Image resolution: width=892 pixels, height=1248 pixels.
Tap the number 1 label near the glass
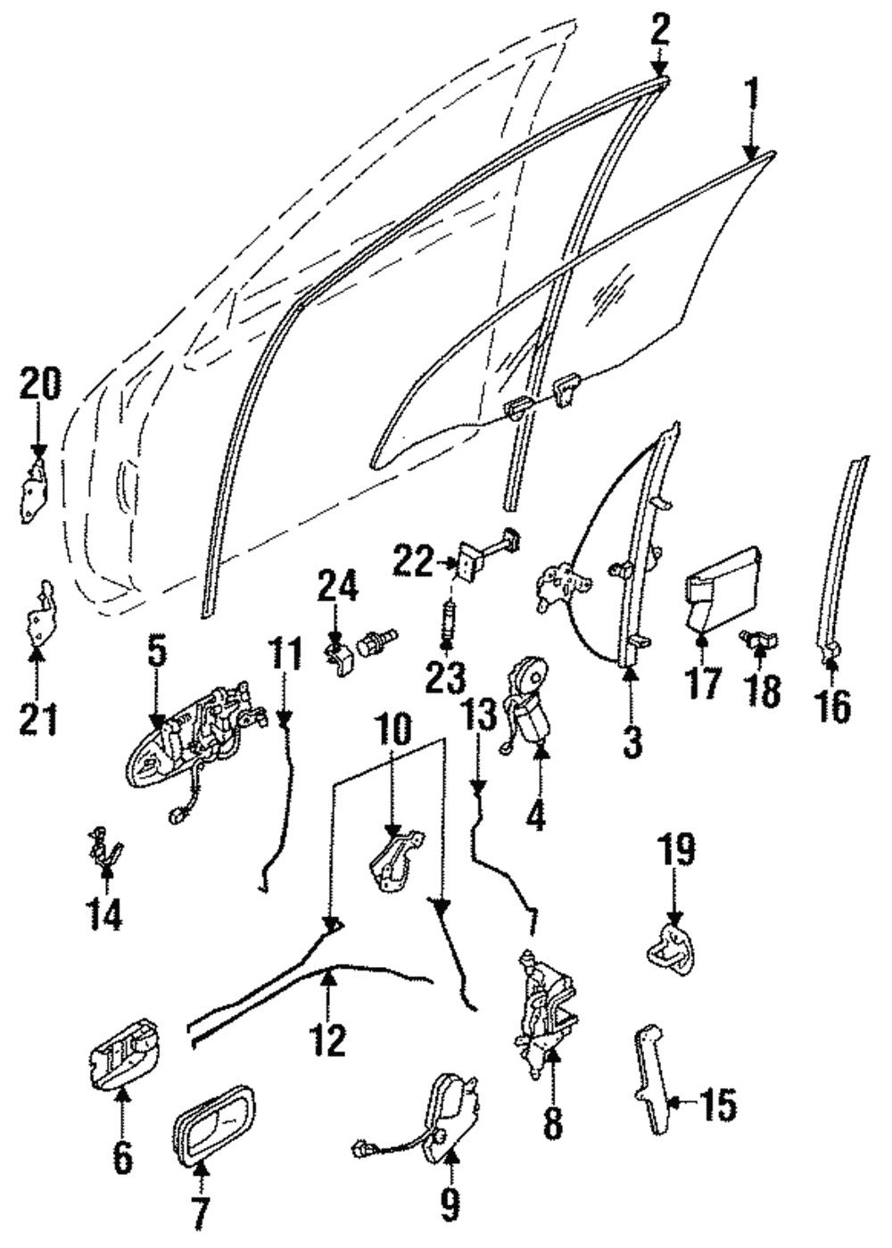pos(752,93)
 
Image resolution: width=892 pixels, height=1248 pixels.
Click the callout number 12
pos(329,1040)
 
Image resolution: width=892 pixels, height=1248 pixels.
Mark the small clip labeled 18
pos(758,639)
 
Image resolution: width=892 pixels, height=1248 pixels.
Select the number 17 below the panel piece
pos(702,684)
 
